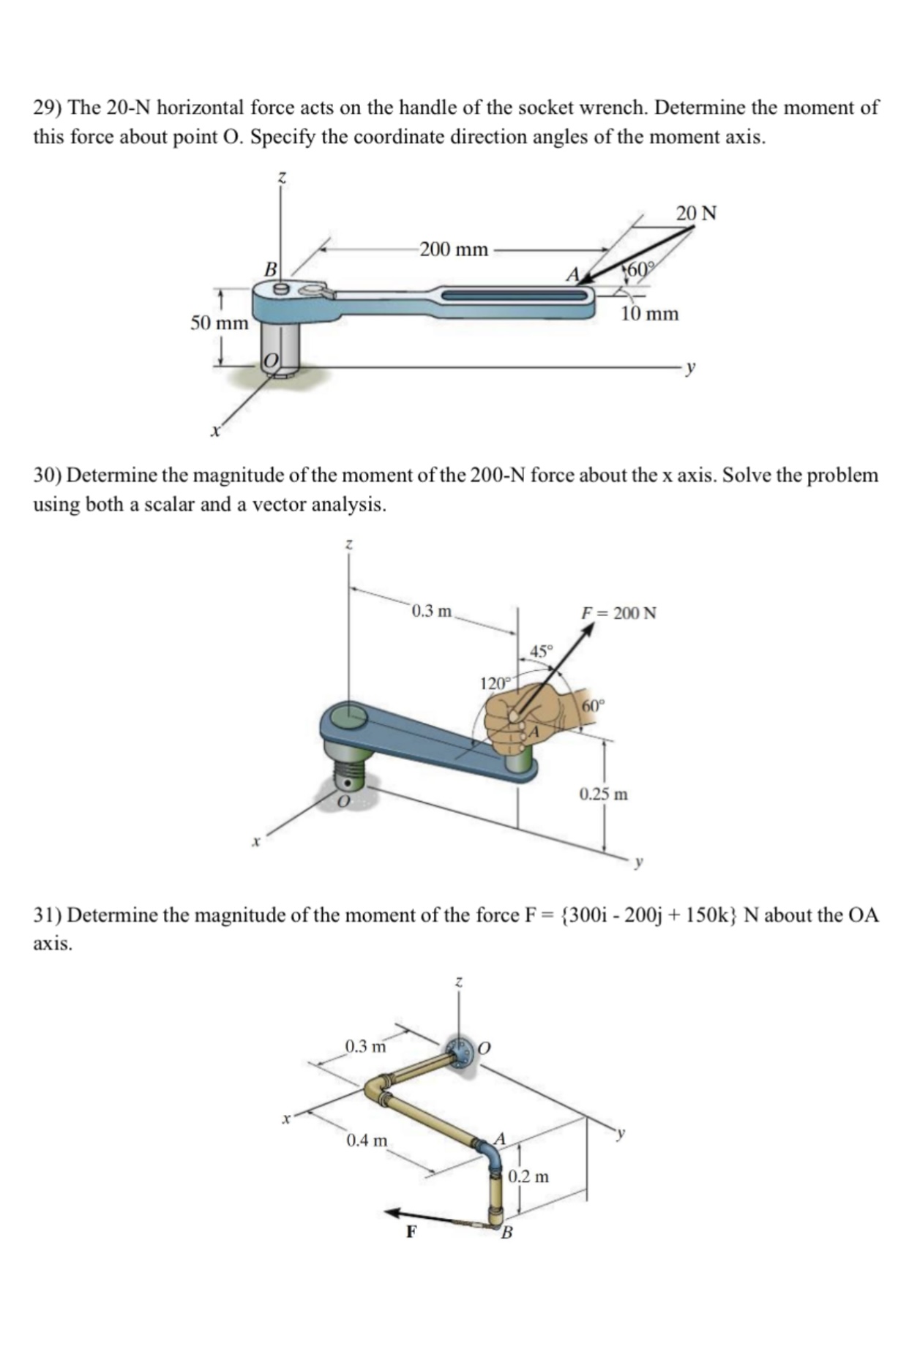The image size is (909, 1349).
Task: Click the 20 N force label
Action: pos(696,214)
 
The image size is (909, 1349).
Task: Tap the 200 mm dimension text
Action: pos(454,249)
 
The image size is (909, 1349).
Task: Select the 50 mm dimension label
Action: pos(220,323)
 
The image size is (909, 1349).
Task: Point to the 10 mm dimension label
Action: pos(649,315)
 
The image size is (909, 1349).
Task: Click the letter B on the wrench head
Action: pos(270,269)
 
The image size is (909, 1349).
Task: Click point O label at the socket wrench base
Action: pos(270,360)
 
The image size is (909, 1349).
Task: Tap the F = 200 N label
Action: pos(618,612)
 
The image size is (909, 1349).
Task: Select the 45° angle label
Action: pos(542,650)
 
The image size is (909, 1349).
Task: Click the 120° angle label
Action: pos(493,684)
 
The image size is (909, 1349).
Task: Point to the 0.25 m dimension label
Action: pos(604,794)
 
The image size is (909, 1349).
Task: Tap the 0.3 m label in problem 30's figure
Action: pos(432,610)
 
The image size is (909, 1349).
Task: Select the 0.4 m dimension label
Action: pos(367,1141)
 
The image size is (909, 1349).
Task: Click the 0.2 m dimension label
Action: pos(528,1177)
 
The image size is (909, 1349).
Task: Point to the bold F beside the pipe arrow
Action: pos(411,1232)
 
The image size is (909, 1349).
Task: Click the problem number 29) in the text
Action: pos(48,108)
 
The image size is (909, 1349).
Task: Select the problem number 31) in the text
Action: pos(48,915)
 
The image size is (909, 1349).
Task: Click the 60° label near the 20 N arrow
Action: pos(640,268)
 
